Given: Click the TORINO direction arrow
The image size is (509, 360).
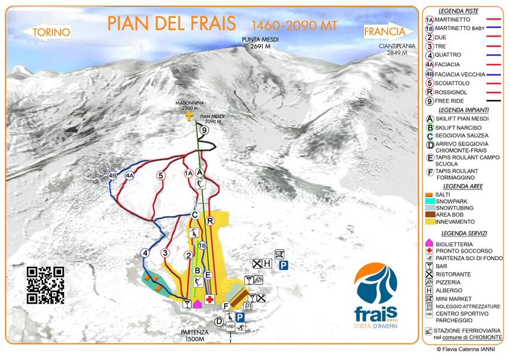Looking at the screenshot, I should pyautogui.click(x=51, y=32).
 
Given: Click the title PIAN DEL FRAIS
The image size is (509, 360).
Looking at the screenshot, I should pyautogui.click(x=172, y=24).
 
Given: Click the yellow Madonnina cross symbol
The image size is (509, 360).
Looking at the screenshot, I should pyautogui.click(x=189, y=116).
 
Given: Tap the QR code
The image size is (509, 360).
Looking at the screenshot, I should pyautogui.click(x=46, y=285).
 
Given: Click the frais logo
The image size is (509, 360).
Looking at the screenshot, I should pyautogui.click(x=376, y=293).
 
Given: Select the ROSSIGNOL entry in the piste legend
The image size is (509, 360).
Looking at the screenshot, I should pyautogui.click(x=460, y=92).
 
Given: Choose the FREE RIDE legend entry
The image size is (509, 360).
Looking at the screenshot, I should pyautogui.click(x=460, y=101).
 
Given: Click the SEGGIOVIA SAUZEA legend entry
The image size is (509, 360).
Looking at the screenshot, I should pyautogui.click(x=462, y=136).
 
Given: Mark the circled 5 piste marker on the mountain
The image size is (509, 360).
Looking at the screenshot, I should pyautogui.click(x=160, y=175).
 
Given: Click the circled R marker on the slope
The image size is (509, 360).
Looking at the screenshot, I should pyautogui.click(x=210, y=221).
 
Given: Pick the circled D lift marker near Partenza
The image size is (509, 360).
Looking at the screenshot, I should pyautogui.click(x=219, y=321).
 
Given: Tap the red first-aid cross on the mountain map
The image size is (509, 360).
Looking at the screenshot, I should pyautogui.click(x=210, y=300).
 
